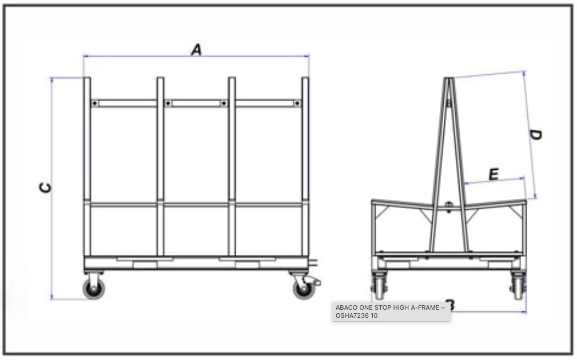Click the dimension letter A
click(196, 50)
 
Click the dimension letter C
click(45, 187)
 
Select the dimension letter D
click(536, 135)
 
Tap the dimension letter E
click(494, 174)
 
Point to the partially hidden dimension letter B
click(451, 305)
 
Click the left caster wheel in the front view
click(94, 289)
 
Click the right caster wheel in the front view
click(304, 289)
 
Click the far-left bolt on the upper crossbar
click(94, 103)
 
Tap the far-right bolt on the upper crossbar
click(297, 103)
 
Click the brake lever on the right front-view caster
click(315, 281)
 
